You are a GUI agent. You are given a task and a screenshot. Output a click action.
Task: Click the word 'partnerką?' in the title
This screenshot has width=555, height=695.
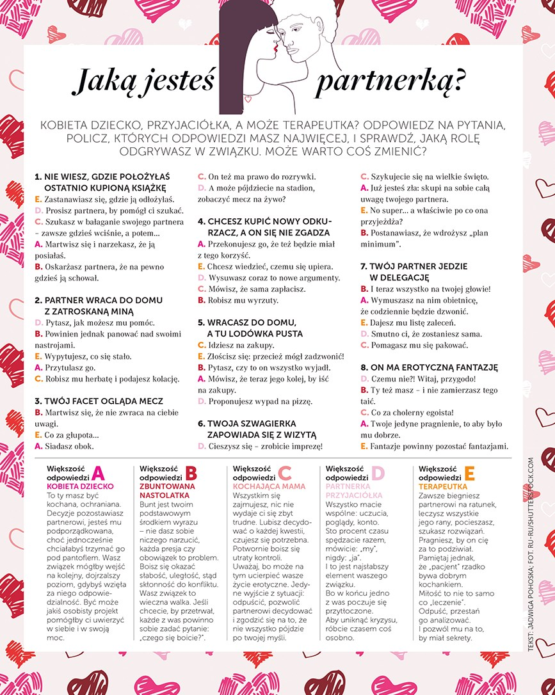pyautogui.click(x=390, y=83)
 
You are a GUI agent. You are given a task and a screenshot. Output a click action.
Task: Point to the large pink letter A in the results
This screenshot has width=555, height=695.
pyautogui.click(x=98, y=473)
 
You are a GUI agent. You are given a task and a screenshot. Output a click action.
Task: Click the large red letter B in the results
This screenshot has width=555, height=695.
pyautogui.click(x=191, y=473)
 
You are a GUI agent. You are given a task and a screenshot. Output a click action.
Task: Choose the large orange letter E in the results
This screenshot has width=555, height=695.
pyautogui.click(x=469, y=473)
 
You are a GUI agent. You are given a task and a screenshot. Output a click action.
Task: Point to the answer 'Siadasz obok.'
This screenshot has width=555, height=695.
pyautogui.click(x=69, y=446)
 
